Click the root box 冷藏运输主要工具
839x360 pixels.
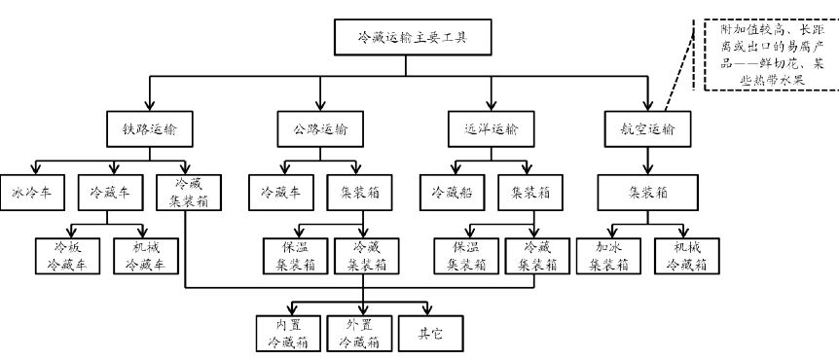click(418, 40)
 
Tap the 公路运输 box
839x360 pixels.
click(319, 127)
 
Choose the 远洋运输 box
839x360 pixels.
click(492, 127)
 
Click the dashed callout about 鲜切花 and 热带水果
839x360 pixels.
click(764, 54)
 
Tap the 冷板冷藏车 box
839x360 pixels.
click(67, 255)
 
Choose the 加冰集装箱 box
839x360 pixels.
click(608, 255)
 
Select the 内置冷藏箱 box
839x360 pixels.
click(285, 333)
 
